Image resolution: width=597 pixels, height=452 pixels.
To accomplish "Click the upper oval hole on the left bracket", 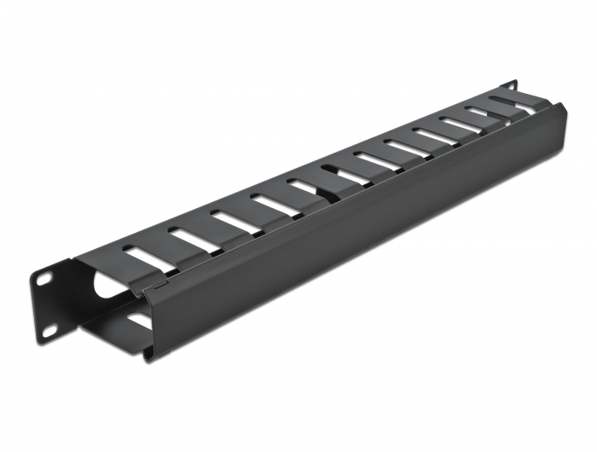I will pyautogui.click(x=42, y=278).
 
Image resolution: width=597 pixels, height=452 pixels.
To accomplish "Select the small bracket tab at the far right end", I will pyautogui.click(x=511, y=85).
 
